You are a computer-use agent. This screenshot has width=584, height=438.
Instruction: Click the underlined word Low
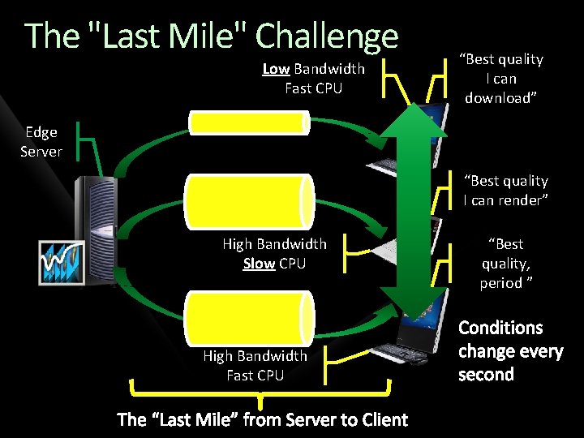276,69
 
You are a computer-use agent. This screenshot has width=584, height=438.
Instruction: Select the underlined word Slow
259,264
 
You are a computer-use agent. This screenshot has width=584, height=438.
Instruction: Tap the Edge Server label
41,141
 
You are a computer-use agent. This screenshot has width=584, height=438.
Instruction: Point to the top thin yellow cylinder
249,122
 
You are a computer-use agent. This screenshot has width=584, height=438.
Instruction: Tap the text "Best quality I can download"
501,79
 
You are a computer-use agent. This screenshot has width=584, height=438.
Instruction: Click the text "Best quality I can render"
505,191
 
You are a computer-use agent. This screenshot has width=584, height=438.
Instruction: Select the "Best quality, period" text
505,264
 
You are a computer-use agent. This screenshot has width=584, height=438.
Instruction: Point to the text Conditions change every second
510,351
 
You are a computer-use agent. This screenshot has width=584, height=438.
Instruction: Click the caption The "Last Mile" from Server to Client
262,419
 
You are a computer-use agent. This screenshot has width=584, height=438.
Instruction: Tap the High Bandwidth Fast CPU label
255,365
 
